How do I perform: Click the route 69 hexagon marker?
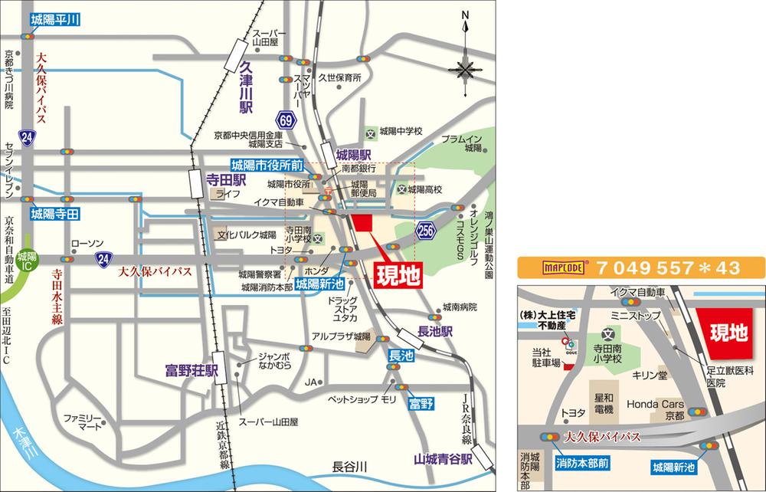tap(286, 120)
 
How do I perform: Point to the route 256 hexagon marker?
tap(427, 229)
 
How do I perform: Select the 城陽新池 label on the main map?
tap(319, 283)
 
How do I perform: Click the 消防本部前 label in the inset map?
tap(582, 464)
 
